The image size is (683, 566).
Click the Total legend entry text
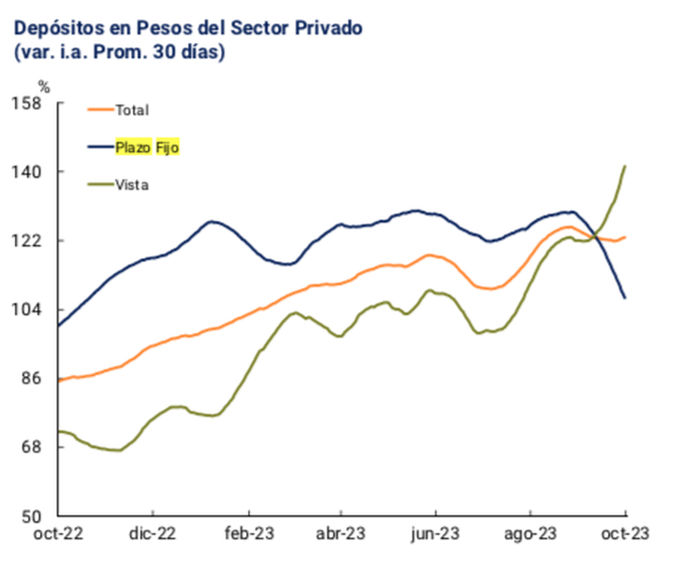132,110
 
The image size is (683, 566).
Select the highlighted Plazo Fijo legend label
146,147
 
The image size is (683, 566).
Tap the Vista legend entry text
132,184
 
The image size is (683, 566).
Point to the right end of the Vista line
625,167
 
